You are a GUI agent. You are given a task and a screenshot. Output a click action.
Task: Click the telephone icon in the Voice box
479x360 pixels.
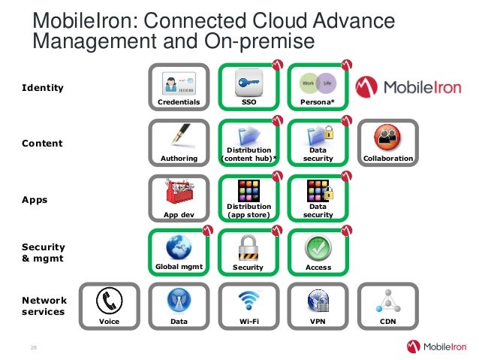click(x=109, y=302)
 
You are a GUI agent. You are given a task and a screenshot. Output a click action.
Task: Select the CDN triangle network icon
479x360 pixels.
click(x=387, y=302)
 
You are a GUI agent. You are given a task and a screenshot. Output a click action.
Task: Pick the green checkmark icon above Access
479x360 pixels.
click(x=318, y=247)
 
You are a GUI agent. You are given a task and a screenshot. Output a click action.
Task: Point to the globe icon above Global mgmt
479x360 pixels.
click(x=179, y=247)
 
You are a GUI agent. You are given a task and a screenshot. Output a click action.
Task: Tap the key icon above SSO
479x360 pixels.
click(x=248, y=81)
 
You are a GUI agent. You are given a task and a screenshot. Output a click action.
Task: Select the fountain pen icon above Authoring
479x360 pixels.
click(x=179, y=137)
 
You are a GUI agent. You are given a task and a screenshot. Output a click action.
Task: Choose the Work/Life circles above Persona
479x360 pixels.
click(x=318, y=81)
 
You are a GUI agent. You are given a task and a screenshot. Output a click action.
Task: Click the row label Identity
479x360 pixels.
click(x=43, y=88)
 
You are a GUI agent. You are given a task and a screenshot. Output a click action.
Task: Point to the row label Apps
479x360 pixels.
click(x=35, y=201)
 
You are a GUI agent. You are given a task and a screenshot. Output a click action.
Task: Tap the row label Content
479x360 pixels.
click(x=42, y=143)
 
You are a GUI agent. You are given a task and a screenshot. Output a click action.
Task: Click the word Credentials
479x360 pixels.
click(x=179, y=101)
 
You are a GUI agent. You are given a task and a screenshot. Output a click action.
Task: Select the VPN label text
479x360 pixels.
click(x=318, y=322)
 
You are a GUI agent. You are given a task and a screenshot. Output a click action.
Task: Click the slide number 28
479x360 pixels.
click(x=33, y=347)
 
